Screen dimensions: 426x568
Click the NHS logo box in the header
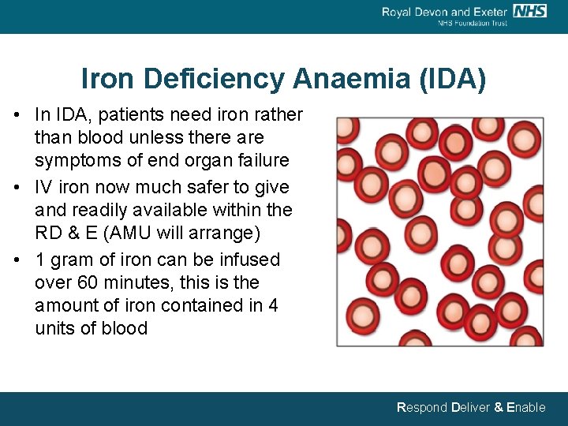coord(529,11)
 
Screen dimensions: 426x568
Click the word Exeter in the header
coord(489,12)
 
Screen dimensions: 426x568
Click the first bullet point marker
coord(17,115)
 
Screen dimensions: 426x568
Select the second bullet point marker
coord(17,188)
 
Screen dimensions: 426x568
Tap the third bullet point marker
coord(17,260)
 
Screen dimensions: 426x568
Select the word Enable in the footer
coord(525,408)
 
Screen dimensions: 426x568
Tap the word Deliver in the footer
coord(470,408)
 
